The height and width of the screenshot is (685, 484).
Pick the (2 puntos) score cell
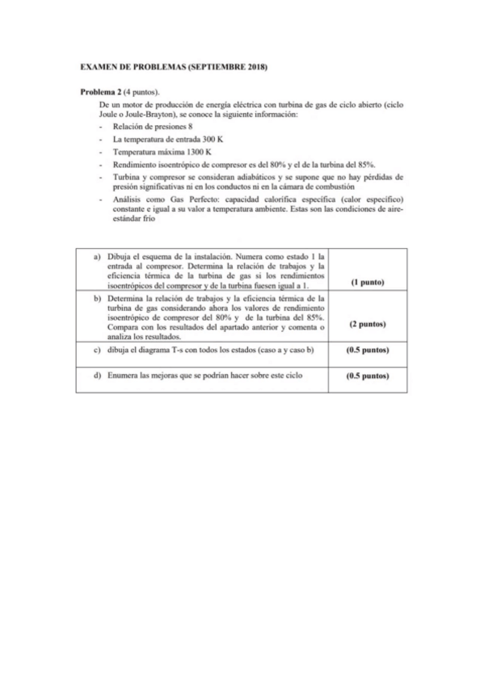pos(366,324)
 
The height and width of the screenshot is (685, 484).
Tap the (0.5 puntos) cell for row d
pos(366,376)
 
